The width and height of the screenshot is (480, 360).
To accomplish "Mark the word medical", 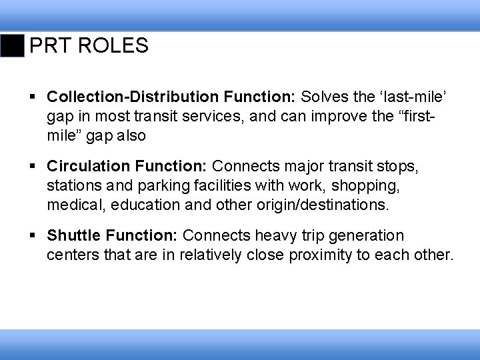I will [73, 203].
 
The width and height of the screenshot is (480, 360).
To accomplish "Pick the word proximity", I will [323, 254].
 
